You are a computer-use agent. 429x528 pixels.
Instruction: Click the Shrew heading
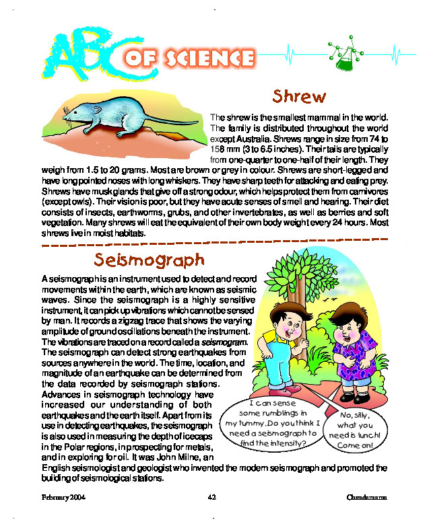(299, 96)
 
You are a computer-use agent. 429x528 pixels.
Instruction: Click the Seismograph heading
(149, 260)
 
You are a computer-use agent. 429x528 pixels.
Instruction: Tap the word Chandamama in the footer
(367, 496)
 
